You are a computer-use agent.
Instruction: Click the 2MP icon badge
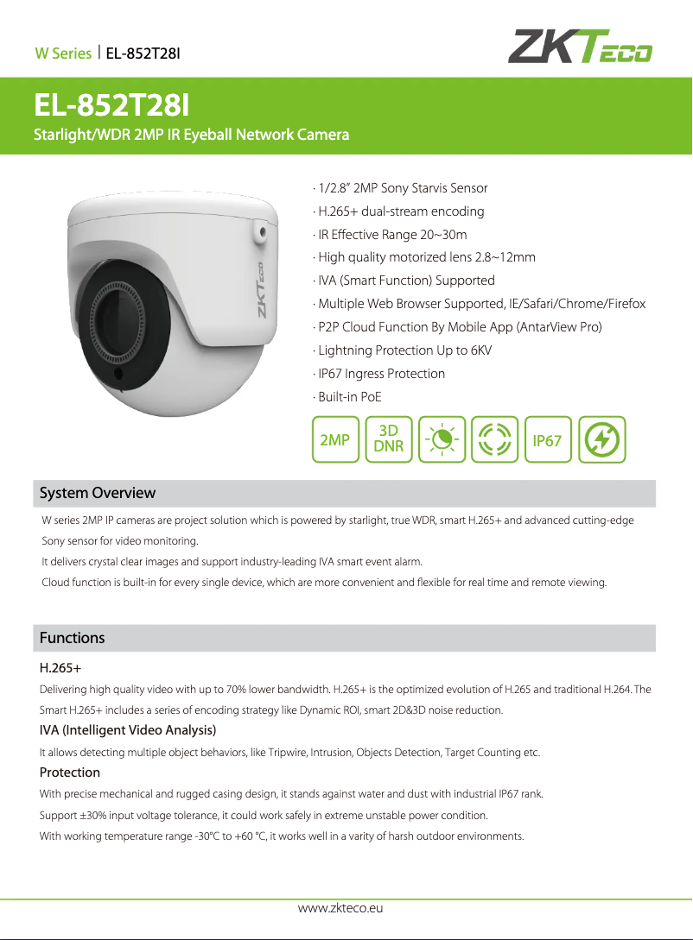point(335,440)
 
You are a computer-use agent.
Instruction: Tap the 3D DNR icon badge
point(389,439)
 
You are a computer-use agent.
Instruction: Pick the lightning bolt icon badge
point(601,440)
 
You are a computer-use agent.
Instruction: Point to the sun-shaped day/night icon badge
point(442,439)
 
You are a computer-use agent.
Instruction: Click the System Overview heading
point(98,493)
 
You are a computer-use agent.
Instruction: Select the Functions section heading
point(72,638)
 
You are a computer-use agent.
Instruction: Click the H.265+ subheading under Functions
point(60,668)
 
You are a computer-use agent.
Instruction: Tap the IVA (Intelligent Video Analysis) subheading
point(128,731)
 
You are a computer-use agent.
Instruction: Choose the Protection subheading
point(70,773)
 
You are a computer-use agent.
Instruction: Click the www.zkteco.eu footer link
point(340,908)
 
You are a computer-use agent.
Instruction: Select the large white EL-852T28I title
point(111,106)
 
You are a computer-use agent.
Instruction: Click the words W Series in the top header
point(63,54)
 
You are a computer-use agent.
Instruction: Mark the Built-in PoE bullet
point(349,397)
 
